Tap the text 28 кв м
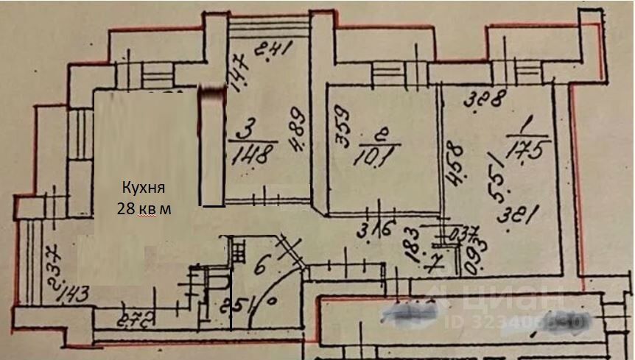coord(144,209)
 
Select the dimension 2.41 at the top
coord(274,51)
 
